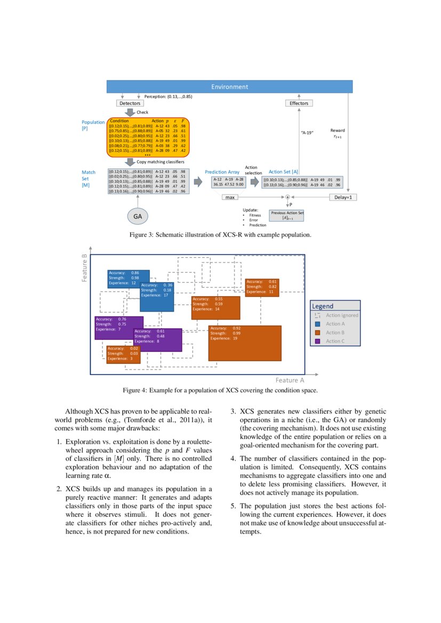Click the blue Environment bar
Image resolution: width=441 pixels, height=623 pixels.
[229, 86]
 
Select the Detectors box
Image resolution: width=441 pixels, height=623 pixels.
[130, 103]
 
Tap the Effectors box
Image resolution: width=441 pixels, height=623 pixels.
[299, 103]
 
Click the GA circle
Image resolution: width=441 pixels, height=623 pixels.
[138, 216]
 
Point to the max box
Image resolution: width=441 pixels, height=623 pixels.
[230, 197]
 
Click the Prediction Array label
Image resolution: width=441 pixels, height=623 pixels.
[222, 172]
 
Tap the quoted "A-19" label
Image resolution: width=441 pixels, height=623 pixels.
[307, 132]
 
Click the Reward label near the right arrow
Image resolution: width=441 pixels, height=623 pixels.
[338, 131]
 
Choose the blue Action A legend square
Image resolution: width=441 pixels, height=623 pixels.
[317, 323]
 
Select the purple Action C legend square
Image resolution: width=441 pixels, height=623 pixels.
[317, 341]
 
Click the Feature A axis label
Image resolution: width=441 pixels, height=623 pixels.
[290, 381]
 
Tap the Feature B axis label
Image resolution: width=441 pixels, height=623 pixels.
[84, 268]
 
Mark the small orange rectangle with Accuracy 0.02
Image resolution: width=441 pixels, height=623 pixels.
[123, 354]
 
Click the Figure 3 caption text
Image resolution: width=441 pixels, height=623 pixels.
[220, 235]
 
